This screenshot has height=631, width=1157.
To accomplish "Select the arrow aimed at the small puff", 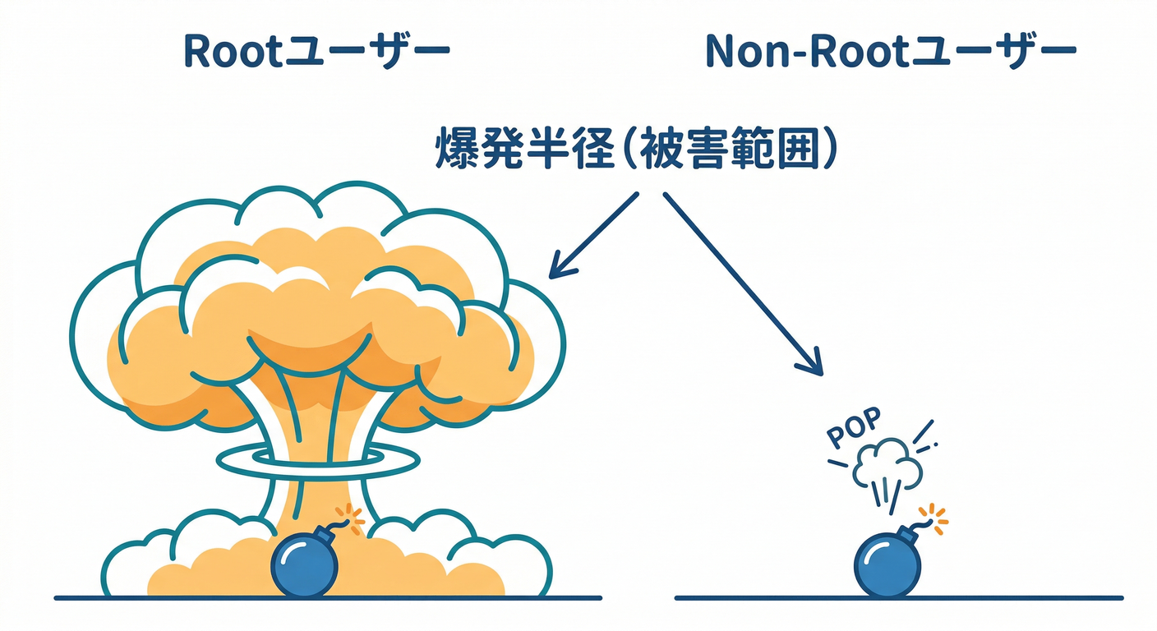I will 740,279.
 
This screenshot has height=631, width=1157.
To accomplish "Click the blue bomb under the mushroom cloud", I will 305,564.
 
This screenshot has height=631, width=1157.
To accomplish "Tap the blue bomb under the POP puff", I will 887,564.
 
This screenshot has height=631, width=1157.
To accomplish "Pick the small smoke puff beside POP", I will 887,464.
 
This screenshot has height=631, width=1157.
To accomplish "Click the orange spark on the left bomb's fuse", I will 354,515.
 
